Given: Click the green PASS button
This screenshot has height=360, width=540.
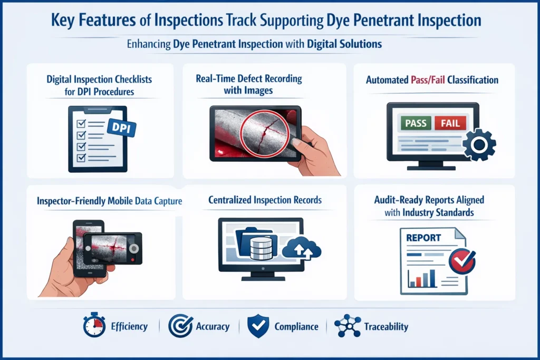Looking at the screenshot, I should [415, 123].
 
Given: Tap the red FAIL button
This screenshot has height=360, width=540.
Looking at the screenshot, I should [450, 123].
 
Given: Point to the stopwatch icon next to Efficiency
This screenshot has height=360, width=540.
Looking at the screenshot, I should [94, 326].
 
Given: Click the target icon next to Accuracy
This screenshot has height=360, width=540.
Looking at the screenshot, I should [180, 326].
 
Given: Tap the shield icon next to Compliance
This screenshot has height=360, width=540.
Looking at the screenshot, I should [258, 326].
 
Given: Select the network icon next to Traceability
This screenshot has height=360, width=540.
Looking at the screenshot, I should [348, 326].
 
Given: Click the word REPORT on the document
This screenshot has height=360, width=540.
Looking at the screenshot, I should [423, 238].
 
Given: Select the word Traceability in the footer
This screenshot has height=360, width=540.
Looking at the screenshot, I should [386, 327].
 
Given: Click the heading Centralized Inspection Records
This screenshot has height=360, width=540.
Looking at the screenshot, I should [265, 200].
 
